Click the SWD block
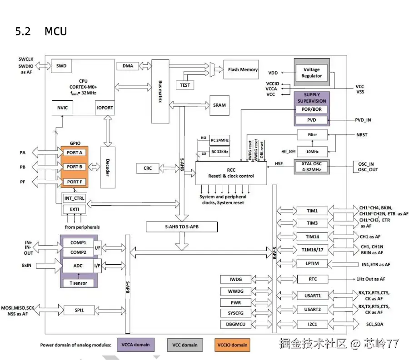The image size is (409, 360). [x=61, y=66]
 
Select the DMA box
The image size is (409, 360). [x=128, y=66]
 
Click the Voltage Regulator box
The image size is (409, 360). [x=311, y=73]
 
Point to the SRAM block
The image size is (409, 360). [x=219, y=105]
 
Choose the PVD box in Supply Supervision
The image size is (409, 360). [x=311, y=120]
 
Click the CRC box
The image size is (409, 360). [x=148, y=168]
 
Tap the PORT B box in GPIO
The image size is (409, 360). [x=74, y=167]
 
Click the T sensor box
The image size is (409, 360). [x=78, y=283]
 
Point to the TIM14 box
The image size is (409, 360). [x=312, y=237]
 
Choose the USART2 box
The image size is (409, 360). [x=312, y=310]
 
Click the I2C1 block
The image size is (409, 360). [x=312, y=324]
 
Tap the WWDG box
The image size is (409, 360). [x=232, y=291]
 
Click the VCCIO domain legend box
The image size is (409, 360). [x=232, y=345]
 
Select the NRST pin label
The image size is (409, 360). [x=362, y=135]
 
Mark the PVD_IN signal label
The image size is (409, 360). [x=363, y=120]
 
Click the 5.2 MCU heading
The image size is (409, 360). [x=41, y=31]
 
